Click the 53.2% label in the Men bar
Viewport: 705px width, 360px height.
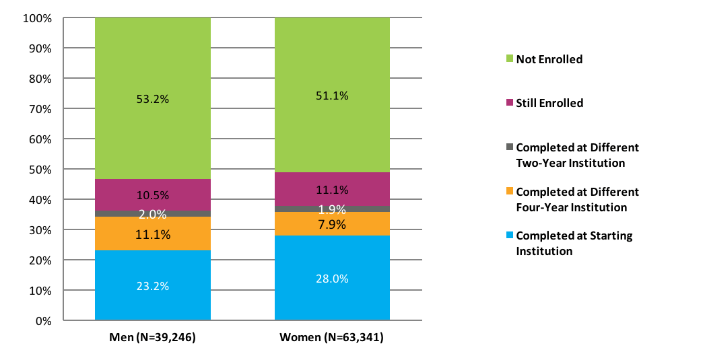pyautogui.click(x=152, y=100)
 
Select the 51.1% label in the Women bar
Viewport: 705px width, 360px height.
pyautogui.click(x=332, y=96)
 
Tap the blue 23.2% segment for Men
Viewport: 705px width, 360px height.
pyautogui.click(x=152, y=286)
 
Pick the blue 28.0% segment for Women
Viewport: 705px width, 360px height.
pyautogui.click(x=332, y=279)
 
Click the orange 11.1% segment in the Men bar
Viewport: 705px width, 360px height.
pyautogui.click(x=152, y=234)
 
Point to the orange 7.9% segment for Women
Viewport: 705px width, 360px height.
pyautogui.click(x=332, y=224)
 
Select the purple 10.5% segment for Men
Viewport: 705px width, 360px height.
pyautogui.click(x=152, y=195)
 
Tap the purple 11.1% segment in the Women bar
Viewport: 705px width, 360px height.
pyautogui.click(x=332, y=189)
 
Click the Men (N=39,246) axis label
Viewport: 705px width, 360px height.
pyautogui.click(x=152, y=338)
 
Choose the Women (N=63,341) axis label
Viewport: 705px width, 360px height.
pyautogui.click(x=331, y=338)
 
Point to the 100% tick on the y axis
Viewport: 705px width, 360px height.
pyautogui.click(x=37, y=18)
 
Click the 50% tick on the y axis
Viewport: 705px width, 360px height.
pyautogui.click(x=40, y=170)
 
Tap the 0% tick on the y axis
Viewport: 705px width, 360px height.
pyautogui.click(x=42, y=321)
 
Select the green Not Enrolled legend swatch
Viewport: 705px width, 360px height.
pyautogui.click(x=509, y=59)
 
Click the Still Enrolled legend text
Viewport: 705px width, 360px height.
pyautogui.click(x=549, y=104)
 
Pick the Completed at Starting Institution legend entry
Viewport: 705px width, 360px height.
pyautogui.click(x=574, y=244)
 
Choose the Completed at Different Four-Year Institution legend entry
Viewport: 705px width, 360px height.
pyautogui.click(x=577, y=200)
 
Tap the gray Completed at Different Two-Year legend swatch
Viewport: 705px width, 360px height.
pyautogui.click(x=509, y=147)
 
